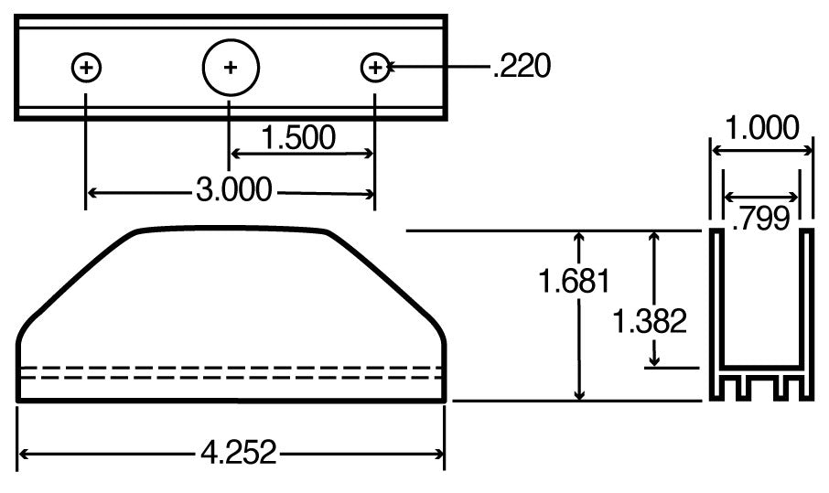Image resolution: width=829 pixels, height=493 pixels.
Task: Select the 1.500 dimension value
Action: tap(298, 137)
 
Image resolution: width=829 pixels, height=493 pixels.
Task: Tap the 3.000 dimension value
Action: tap(233, 190)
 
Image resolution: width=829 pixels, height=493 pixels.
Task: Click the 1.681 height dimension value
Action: tap(574, 282)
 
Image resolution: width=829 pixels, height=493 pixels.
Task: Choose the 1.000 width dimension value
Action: tap(761, 127)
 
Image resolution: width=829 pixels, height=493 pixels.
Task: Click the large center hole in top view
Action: tap(231, 67)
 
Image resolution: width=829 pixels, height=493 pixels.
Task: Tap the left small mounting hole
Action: tap(86, 67)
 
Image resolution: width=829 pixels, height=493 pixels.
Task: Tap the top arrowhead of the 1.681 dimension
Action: tap(578, 238)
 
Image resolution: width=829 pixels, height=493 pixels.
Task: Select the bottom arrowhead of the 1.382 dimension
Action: tap(653, 362)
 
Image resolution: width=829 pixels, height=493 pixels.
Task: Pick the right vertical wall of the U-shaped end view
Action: tap(808, 302)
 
